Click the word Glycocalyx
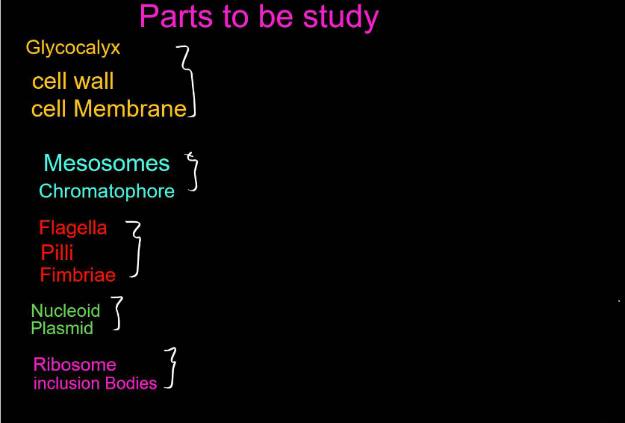pyautogui.click(x=72, y=49)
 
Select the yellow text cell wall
pyautogui.click(x=73, y=81)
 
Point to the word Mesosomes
pyautogui.click(x=107, y=163)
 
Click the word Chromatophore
pyautogui.click(x=107, y=191)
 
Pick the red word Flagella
pyautogui.click(x=72, y=228)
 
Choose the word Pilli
pyautogui.click(x=57, y=252)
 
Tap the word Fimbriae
pyautogui.click(x=78, y=275)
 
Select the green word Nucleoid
pyautogui.click(x=66, y=311)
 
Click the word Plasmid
pyautogui.click(x=62, y=329)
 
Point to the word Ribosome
pyautogui.click(x=75, y=365)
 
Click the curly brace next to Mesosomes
pyautogui.click(x=194, y=172)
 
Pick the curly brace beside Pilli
pyautogui.click(x=136, y=250)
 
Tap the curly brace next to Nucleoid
pyautogui.click(x=117, y=313)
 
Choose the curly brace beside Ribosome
pyautogui.click(x=172, y=368)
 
